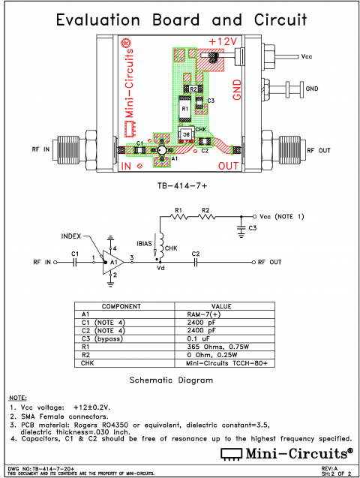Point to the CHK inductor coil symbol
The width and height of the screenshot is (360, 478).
[x=160, y=243]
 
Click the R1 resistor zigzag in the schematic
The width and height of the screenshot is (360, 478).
[x=178, y=217]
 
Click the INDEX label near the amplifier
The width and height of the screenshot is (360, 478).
[x=73, y=236]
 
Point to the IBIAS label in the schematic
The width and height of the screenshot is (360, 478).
[x=145, y=245]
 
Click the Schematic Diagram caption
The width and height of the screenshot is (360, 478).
[x=171, y=380]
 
